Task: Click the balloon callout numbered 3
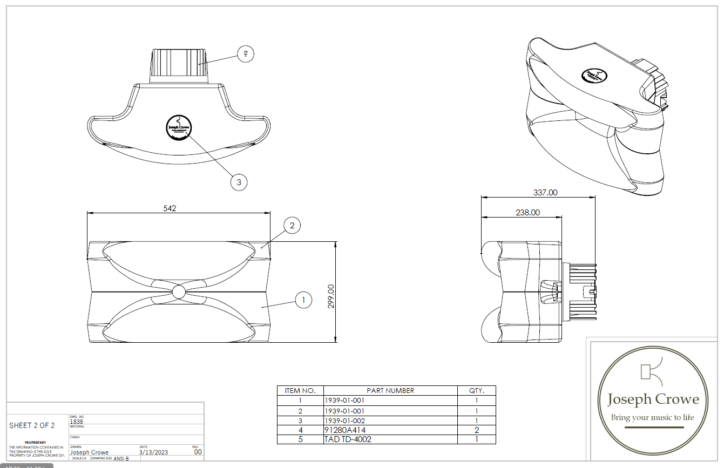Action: [239, 182]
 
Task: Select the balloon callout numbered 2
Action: [292, 226]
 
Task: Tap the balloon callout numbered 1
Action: [303, 300]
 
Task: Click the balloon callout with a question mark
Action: [246, 54]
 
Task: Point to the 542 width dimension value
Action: [170, 208]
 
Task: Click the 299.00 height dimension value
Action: [331, 296]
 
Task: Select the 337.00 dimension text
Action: [545, 192]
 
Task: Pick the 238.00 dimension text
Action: [527, 213]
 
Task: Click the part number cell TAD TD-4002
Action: [348, 439]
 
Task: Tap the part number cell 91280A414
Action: [346, 430]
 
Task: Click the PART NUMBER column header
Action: [390, 390]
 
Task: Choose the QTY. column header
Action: [476, 390]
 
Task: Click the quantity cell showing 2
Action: [476, 430]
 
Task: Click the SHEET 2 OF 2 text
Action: [32, 425]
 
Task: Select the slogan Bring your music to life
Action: [652, 417]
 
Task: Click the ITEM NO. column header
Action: [300, 390]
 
